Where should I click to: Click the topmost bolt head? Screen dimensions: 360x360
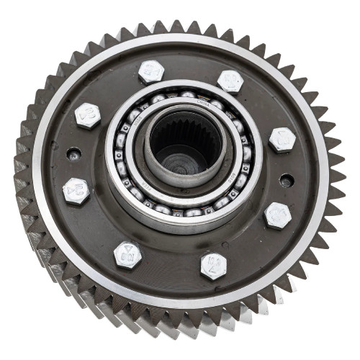(151, 71)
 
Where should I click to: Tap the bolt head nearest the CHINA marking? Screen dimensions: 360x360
(230, 81)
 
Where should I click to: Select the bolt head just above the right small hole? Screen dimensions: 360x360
(282, 138)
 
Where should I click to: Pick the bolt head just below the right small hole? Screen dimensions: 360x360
(277, 215)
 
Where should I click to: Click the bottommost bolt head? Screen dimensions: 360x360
(214, 265)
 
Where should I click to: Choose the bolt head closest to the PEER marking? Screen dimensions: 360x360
(127, 253)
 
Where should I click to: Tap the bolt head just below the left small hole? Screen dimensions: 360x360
(76, 191)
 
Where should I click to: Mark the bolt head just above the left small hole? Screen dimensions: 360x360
(88, 115)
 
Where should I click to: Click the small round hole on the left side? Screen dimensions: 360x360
(72, 153)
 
